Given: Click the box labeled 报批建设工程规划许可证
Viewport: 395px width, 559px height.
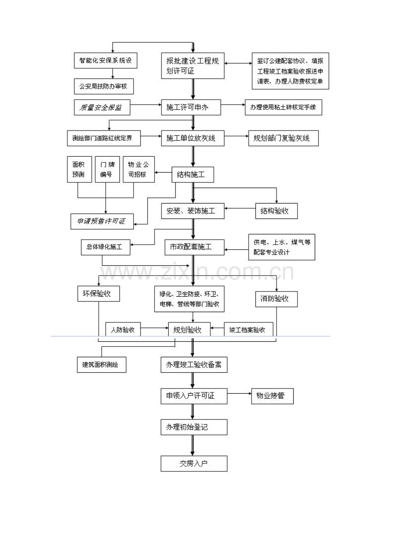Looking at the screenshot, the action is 193,66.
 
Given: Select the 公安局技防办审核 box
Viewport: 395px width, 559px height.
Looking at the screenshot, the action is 104,86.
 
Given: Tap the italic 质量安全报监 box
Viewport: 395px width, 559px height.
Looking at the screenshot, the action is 102,107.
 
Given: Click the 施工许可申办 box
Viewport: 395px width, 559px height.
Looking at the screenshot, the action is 191,107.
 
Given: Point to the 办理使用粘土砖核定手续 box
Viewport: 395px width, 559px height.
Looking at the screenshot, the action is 283,107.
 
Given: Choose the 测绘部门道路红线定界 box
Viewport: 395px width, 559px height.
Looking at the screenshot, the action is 104,138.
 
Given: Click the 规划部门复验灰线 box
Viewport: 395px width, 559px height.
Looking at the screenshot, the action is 283,138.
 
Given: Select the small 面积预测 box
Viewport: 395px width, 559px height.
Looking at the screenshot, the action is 79,169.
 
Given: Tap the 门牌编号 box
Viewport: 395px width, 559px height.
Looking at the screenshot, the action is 107,169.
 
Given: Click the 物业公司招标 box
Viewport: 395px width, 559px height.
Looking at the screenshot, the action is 139,169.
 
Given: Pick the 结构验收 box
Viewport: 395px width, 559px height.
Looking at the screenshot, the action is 276,211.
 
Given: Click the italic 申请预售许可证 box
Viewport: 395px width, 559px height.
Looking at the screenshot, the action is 102,222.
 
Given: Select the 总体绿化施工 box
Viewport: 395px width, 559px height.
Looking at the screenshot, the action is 106,247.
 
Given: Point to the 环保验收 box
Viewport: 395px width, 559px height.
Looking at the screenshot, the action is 99,294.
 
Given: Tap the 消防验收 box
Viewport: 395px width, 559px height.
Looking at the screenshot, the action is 276,299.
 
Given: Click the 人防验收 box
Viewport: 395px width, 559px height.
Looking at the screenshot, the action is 123,329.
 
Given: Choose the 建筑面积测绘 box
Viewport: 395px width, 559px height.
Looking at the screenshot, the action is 102,365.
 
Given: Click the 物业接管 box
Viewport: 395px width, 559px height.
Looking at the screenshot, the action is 272,396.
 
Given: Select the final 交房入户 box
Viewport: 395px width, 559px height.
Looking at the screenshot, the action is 194,464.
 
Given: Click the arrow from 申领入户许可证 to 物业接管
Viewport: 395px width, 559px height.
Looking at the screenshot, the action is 239,394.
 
